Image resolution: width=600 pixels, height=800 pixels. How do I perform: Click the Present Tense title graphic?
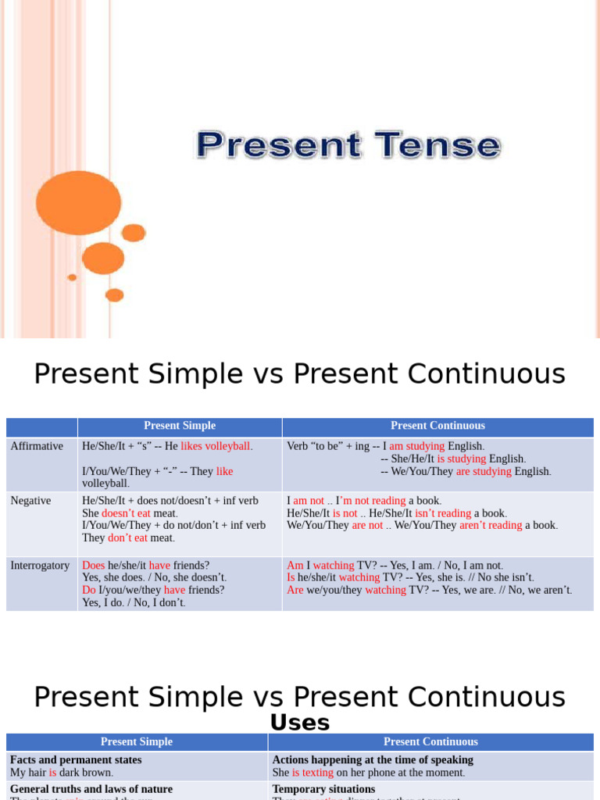(x=348, y=146)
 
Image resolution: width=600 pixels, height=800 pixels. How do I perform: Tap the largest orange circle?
(x=68, y=203)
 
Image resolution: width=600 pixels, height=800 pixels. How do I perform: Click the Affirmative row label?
(x=37, y=446)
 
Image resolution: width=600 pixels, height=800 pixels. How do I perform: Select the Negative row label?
(x=30, y=501)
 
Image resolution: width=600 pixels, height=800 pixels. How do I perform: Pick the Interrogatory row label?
(x=40, y=565)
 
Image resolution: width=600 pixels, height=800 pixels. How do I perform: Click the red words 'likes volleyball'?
(x=216, y=446)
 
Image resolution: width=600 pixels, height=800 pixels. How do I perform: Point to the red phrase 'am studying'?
(x=416, y=446)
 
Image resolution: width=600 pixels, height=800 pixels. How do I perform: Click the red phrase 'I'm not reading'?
(x=370, y=501)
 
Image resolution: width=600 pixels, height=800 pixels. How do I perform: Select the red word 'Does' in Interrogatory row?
(x=93, y=565)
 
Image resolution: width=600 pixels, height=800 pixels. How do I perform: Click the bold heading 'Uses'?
(x=300, y=723)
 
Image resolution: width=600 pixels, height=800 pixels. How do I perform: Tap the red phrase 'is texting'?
(x=312, y=773)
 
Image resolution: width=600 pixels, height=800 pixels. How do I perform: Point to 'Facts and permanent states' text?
(x=76, y=759)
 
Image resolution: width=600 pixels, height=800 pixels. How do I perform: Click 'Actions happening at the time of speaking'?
(x=373, y=759)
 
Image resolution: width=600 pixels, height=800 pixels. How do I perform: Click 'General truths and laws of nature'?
(x=91, y=789)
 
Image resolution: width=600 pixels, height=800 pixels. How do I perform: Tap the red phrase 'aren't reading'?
(x=491, y=525)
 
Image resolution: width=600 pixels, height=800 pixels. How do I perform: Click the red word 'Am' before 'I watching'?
(x=295, y=565)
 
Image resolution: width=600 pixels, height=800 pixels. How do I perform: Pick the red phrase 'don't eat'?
(x=127, y=537)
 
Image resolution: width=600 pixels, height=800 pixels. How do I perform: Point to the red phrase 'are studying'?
(x=484, y=471)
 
